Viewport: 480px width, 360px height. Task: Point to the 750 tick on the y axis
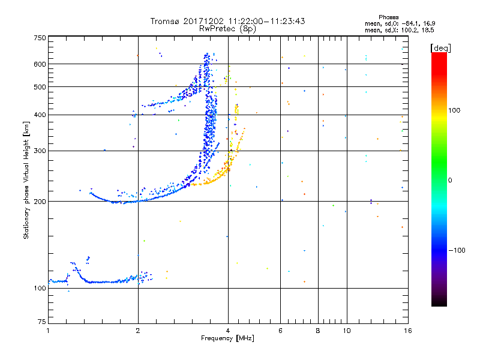click(x=40, y=37)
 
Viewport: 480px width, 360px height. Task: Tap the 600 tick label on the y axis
click(x=40, y=64)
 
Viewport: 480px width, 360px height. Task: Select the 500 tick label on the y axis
click(x=40, y=87)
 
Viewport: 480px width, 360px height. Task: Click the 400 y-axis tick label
click(x=40, y=115)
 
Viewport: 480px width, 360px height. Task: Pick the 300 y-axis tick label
click(x=40, y=151)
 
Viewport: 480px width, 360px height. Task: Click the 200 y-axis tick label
click(x=40, y=202)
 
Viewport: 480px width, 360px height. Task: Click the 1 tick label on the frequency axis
click(x=48, y=330)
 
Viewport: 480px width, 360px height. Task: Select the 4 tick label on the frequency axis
click(x=228, y=330)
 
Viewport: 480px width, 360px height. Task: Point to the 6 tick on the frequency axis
click(x=280, y=330)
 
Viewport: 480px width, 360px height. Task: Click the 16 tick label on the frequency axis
click(x=407, y=330)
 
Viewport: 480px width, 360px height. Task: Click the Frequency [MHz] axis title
click(x=227, y=338)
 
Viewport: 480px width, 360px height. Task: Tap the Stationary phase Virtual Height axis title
click(x=26, y=180)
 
